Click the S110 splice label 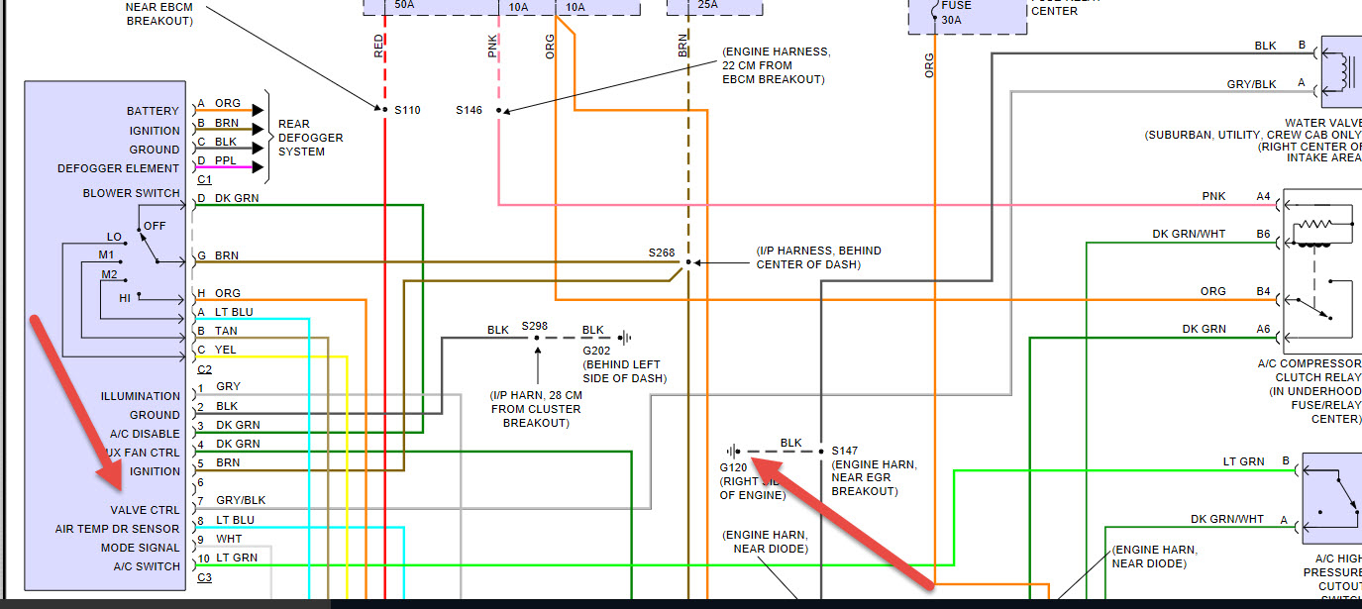pyautogui.click(x=407, y=110)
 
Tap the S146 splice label pyautogui.click(x=469, y=110)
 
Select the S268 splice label pyautogui.click(x=662, y=253)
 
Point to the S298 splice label pyautogui.click(x=535, y=327)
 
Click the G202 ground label pyautogui.click(x=596, y=351)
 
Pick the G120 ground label pyautogui.click(x=735, y=466)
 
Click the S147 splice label pyautogui.click(x=845, y=450)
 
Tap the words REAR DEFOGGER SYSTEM pyautogui.click(x=310, y=138)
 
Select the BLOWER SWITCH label pyautogui.click(x=132, y=193)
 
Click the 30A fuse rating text pyautogui.click(x=950, y=19)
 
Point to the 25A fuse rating pyautogui.click(x=708, y=5)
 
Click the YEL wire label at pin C pyautogui.click(x=226, y=350)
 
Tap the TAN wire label pyautogui.click(x=226, y=331)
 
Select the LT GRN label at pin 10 pyautogui.click(x=237, y=558)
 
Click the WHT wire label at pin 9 pyautogui.click(x=228, y=539)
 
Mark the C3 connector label pyautogui.click(x=204, y=576)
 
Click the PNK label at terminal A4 pyautogui.click(x=1213, y=196)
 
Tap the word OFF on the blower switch pyautogui.click(x=155, y=226)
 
